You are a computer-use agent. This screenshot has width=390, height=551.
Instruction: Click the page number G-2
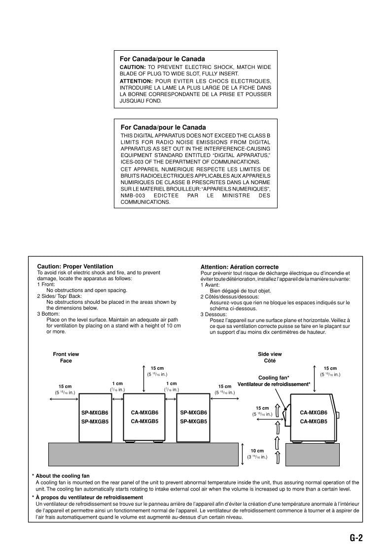point(356,538)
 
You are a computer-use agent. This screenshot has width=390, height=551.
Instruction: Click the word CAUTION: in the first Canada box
point(133,67)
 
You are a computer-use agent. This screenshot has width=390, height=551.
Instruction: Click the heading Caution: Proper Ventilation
point(75,266)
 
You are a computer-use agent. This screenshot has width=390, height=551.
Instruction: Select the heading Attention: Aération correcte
point(240,267)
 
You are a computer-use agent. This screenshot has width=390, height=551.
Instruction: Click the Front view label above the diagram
point(66,354)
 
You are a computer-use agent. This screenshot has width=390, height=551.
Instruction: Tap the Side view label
point(270,354)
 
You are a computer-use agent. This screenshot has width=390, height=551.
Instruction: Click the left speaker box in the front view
point(95,417)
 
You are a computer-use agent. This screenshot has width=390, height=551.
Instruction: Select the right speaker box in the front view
point(193,417)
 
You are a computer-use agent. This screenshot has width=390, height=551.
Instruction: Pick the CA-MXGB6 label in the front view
point(144,413)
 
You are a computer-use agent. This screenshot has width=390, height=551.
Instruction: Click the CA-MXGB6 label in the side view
point(314,413)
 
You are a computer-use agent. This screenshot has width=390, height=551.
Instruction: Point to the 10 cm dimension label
point(257,451)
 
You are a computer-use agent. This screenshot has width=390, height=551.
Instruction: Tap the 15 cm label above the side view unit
point(330,368)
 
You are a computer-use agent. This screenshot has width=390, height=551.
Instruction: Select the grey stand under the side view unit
point(313,454)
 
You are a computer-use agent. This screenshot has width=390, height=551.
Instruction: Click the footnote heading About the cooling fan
point(63,476)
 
